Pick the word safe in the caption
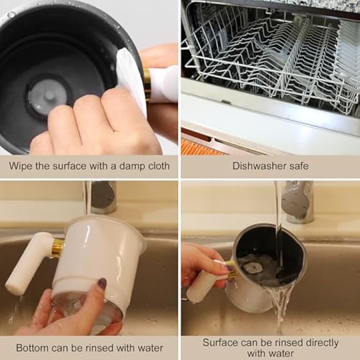(x=298, y=166)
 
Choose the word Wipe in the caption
(x=20, y=166)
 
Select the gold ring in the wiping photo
(x=147, y=85)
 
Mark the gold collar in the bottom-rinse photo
(x=58, y=248)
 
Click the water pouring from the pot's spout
(x=278, y=307)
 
